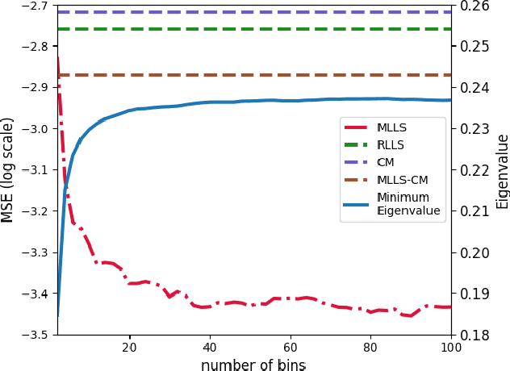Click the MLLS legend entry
click(391, 128)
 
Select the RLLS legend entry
click(391, 145)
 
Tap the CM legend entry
click(386, 162)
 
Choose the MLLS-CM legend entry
click(402, 180)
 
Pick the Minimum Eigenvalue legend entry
click(408, 204)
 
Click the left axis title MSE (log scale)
click(8, 169)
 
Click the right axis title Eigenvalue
click(502, 171)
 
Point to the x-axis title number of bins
click(253, 365)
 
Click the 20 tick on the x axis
click(129, 348)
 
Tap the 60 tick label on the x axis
click(290, 348)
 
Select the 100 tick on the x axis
click(450, 348)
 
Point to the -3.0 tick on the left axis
click(37, 129)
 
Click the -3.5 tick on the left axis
click(37, 335)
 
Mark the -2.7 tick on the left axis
click(37, 6)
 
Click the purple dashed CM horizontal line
click(242, 12)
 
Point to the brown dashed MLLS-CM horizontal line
click(242, 75)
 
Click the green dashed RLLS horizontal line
click(242, 29)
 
